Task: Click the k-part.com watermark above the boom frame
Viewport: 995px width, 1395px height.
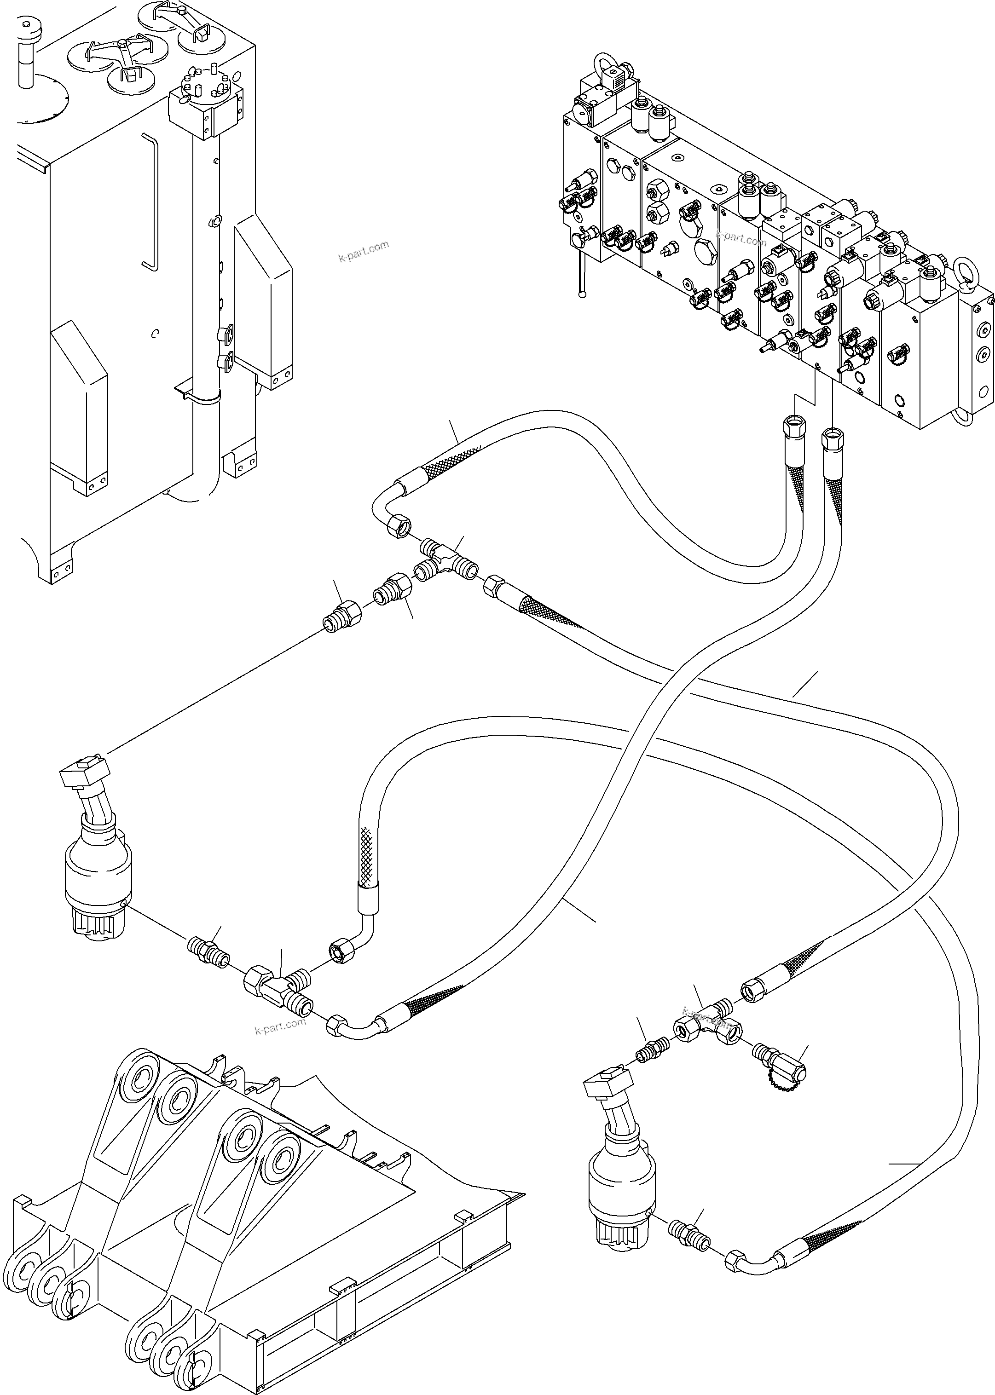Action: point(279,1026)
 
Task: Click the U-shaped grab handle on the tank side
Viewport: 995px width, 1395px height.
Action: point(150,202)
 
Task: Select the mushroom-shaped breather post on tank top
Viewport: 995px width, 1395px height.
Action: point(26,52)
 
